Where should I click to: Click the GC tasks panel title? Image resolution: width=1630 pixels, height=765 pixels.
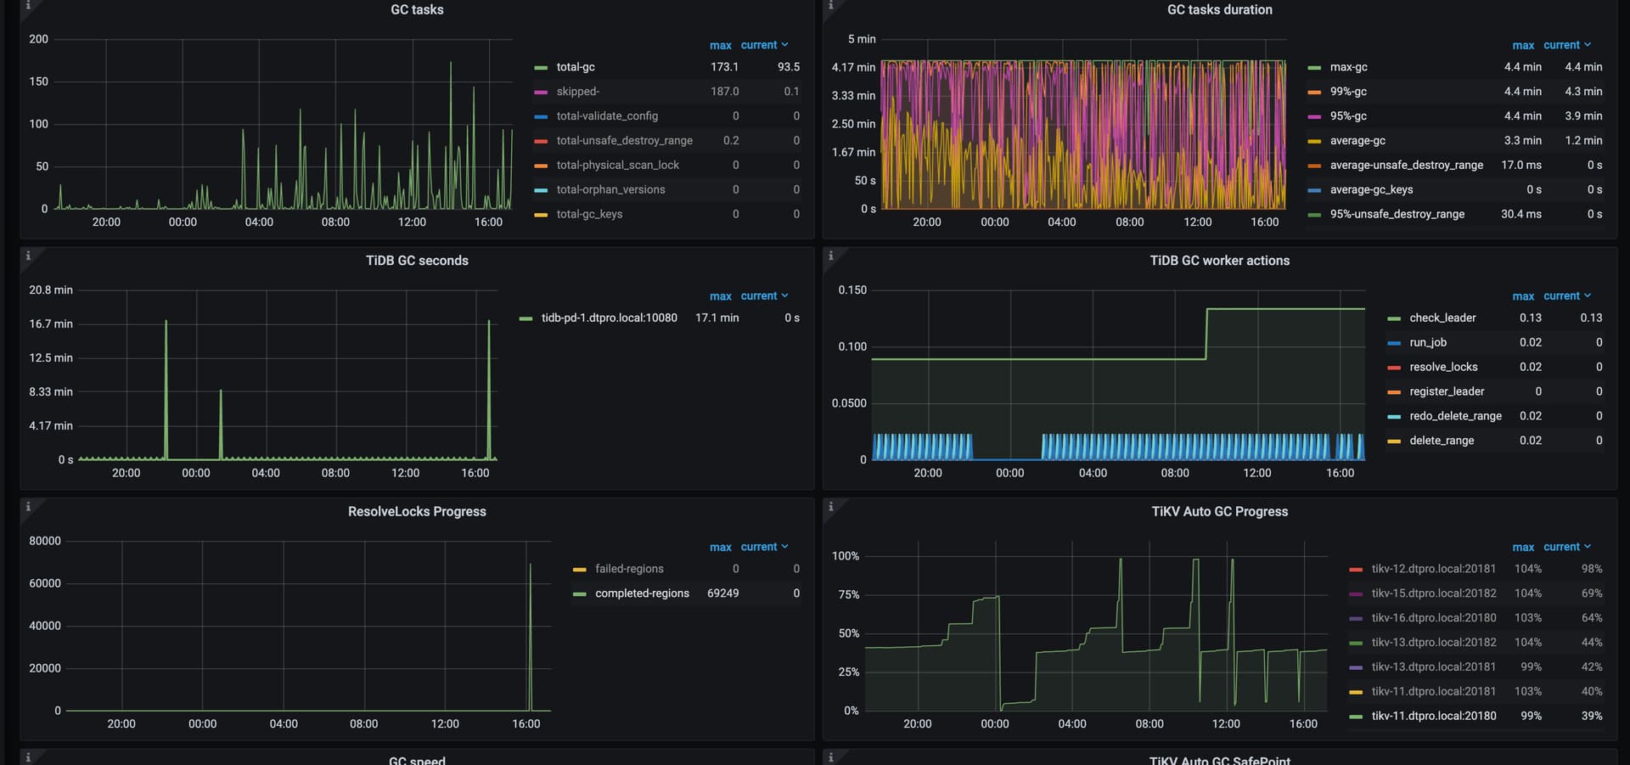pyautogui.click(x=417, y=9)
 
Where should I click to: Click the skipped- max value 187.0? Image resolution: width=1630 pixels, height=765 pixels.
pyautogui.click(x=724, y=92)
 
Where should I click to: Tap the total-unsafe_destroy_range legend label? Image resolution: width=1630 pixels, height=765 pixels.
pyautogui.click(x=624, y=141)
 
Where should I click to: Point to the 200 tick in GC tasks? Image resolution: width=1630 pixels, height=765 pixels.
pyautogui.click(x=39, y=39)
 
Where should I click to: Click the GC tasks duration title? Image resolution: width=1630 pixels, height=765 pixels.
pyautogui.click(x=1219, y=9)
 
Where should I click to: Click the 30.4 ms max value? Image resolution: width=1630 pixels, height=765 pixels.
pyautogui.click(x=1520, y=214)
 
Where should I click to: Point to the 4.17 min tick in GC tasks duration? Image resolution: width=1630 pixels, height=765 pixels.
pyautogui.click(x=853, y=67)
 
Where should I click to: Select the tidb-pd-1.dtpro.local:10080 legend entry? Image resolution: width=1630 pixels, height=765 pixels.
pyautogui.click(x=609, y=318)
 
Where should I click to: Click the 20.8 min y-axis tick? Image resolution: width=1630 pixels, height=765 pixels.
pyautogui.click(x=51, y=290)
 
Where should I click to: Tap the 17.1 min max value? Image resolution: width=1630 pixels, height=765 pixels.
pyautogui.click(x=717, y=318)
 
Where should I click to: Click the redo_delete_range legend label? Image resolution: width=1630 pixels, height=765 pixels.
pyautogui.click(x=1455, y=416)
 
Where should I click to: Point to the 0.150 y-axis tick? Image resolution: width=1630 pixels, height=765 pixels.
pyautogui.click(x=852, y=290)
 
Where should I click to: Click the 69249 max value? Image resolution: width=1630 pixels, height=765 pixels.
pyautogui.click(x=722, y=593)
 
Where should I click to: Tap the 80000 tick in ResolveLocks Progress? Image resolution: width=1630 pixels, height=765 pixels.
pyautogui.click(x=45, y=541)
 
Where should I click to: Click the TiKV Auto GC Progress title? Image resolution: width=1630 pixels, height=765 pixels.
pyautogui.click(x=1219, y=511)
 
